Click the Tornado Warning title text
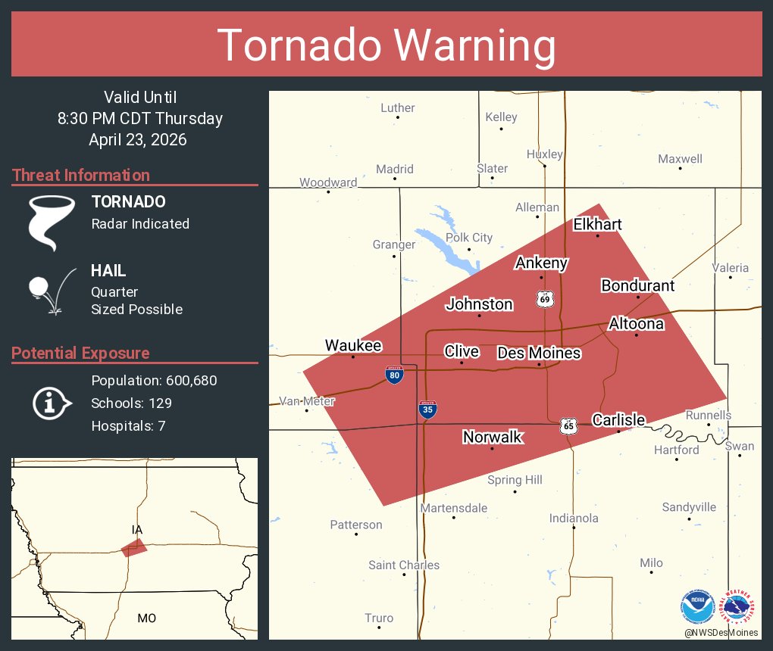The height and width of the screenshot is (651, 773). [386, 45]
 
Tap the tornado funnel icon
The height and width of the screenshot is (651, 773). [51, 222]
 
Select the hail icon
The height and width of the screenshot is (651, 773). [51, 290]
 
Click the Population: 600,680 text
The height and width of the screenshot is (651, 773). [154, 380]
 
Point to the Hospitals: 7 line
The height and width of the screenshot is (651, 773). [128, 425]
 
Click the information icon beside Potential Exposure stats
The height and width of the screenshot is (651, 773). [51, 403]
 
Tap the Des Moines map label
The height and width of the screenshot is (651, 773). [539, 353]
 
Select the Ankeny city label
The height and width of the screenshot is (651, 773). [541, 263]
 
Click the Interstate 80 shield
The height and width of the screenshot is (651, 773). [393, 374]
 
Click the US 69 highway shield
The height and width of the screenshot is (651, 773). [545, 298]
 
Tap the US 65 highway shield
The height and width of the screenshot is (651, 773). [568, 425]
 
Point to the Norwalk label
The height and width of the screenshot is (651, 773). [493, 437]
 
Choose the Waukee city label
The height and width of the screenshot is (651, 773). [353, 345]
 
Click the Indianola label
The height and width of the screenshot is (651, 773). [574, 519]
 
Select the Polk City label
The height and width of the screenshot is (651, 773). [469, 238]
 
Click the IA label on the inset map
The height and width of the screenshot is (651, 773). [136, 530]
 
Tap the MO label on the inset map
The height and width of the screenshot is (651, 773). [146, 618]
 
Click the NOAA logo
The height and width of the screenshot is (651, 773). [697, 607]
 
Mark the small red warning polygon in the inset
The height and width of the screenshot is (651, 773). [134, 548]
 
